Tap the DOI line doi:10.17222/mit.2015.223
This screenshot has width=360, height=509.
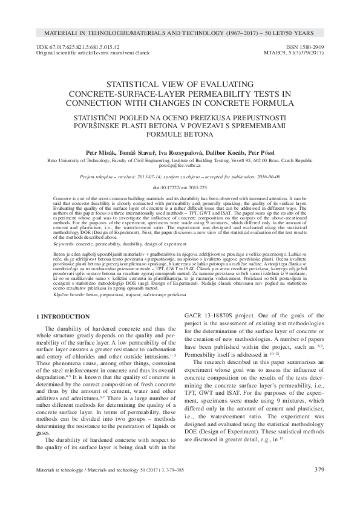pos(179,188)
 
